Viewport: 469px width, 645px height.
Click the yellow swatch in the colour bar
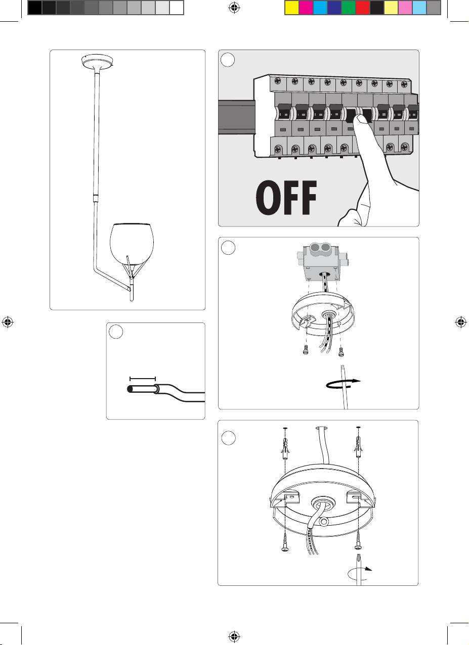point(292,8)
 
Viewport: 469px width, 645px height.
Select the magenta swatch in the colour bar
point(306,8)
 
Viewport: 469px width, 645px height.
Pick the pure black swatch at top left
point(34,8)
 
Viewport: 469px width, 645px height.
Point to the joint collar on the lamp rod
point(95,198)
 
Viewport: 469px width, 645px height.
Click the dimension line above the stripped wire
point(143,378)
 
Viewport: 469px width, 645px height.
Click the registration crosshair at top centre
point(234,8)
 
